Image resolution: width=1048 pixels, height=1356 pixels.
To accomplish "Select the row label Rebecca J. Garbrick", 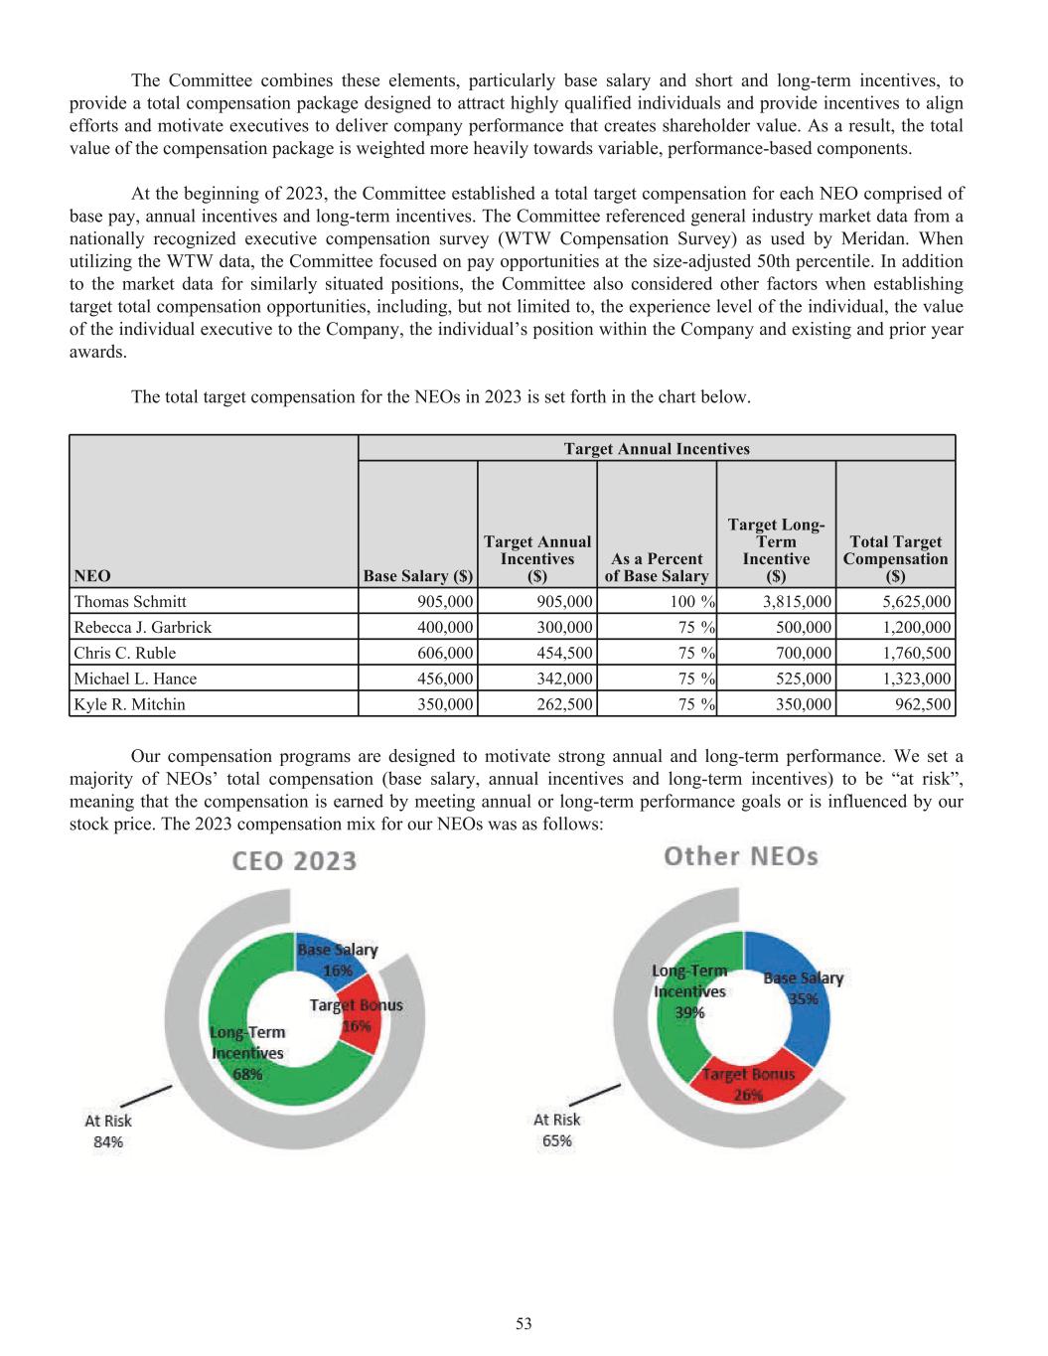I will [x=142, y=628].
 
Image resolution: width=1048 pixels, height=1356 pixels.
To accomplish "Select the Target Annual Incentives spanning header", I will [x=657, y=449].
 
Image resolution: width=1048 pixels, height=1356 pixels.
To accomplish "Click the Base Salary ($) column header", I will [x=418, y=576].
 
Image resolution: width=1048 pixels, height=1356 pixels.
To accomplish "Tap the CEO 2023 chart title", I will [x=294, y=861].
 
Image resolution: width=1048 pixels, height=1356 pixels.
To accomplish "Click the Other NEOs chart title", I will [x=741, y=857].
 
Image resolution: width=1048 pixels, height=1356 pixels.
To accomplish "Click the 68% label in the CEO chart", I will [x=247, y=1075].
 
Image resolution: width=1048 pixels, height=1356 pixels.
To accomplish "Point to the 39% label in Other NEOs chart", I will [x=689, y=1013].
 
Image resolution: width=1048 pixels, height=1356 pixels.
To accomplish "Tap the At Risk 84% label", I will [x=108, y=1131].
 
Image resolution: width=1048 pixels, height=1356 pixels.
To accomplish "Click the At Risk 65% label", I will [x=557, y=1130].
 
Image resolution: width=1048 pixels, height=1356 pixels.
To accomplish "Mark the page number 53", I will [x=524, y=1323].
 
